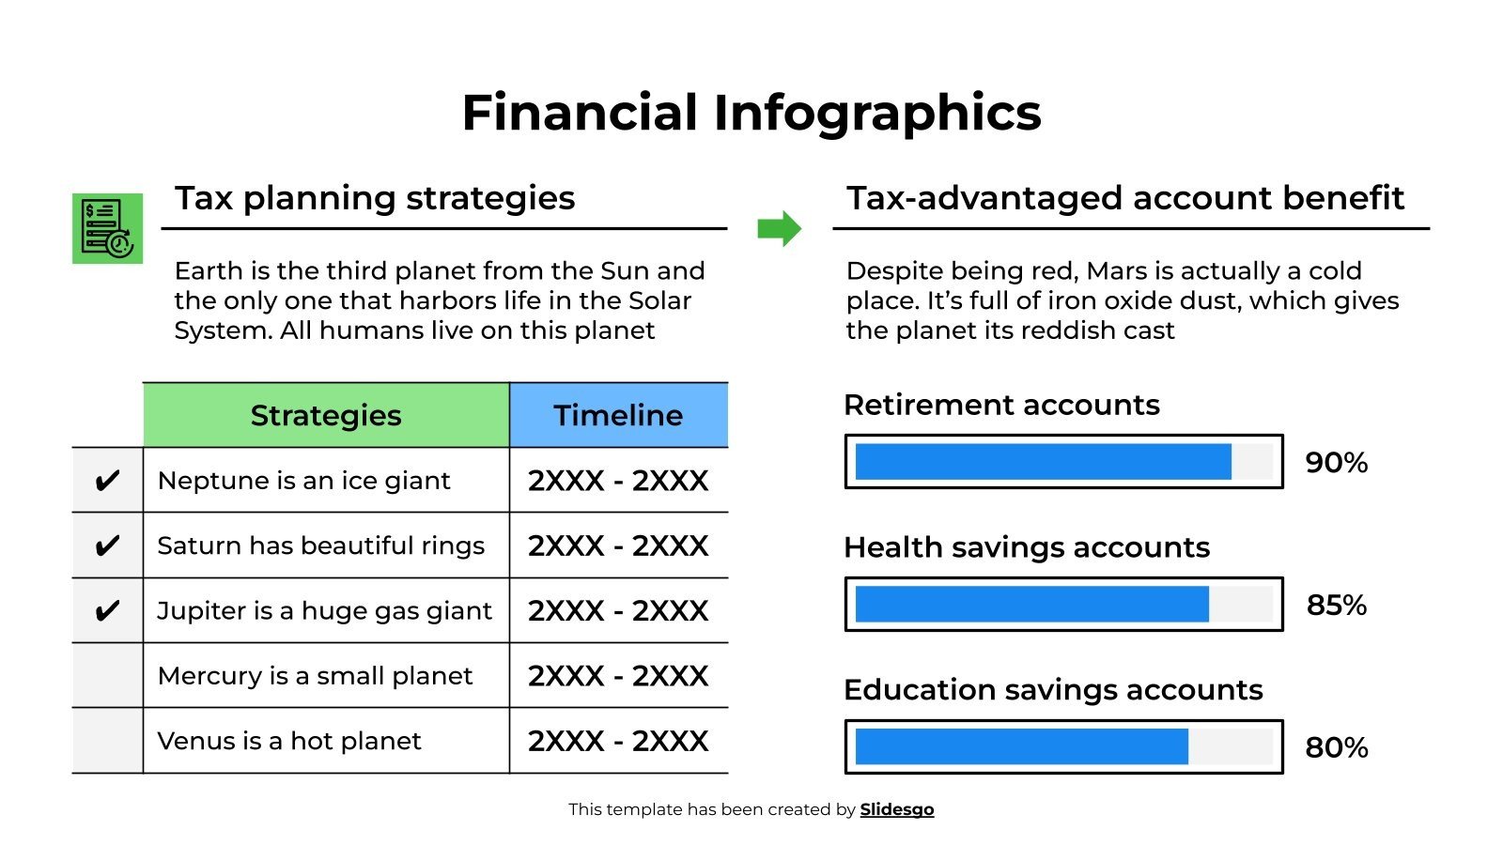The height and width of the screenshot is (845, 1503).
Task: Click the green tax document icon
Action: [x=107, y=228]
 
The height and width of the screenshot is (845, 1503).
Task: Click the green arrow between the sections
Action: [x=779, y=228]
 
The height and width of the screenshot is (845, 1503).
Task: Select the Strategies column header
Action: [x=326, y=415]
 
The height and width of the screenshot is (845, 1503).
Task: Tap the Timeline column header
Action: [x=618, y=415]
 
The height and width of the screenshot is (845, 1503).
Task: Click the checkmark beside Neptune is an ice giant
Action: [x=107, y=481]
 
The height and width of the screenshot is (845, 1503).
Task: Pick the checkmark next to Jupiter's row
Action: [x=107, y=611]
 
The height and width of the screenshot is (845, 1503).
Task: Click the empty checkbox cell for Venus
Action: [x=107, y=741]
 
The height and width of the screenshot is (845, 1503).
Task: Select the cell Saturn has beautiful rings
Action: [x=320, y=545]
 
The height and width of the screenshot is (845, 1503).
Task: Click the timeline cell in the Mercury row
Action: [x=618, y=676]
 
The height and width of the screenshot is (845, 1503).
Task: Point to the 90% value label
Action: [x=1336, y=463]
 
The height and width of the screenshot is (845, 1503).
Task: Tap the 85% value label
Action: [x=1336, y=606]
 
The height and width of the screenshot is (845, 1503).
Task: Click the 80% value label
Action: [x=1336, y=748]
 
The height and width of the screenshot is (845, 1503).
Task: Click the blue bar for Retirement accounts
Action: [x=1043, y=462]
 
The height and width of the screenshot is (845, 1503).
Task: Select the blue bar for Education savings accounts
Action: [x=1021, y=747]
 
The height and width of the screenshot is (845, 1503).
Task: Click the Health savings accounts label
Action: [x=1026, y=547]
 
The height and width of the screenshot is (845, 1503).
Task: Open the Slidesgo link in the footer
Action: [x=896, y=809]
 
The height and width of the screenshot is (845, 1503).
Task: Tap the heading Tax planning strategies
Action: [x=375, y=198]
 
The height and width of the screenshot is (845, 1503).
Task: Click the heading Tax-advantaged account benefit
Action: [x=1124, y=198]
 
